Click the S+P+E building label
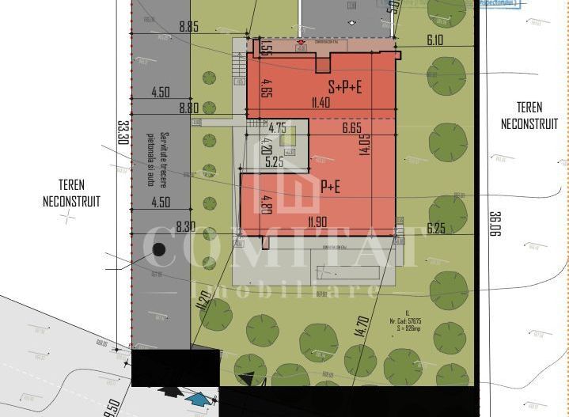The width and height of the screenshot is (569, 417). pos(345,87)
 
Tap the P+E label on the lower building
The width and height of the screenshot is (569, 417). pos(331,187)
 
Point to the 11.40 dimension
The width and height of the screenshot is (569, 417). pos(321,102)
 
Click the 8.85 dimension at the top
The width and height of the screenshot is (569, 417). pos(188,26)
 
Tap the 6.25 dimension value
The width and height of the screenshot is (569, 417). pos(436,228)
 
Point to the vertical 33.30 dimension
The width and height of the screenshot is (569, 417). pos(123,131)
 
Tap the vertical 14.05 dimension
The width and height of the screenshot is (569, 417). pos(365,145)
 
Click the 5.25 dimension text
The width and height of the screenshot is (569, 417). pos(275,162)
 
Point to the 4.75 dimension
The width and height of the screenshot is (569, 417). pos(277,127)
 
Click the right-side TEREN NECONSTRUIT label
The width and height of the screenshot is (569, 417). pos(529,116)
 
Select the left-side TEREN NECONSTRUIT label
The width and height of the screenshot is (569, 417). pos(71,193)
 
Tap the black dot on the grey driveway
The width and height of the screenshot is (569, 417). pos(159,249)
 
